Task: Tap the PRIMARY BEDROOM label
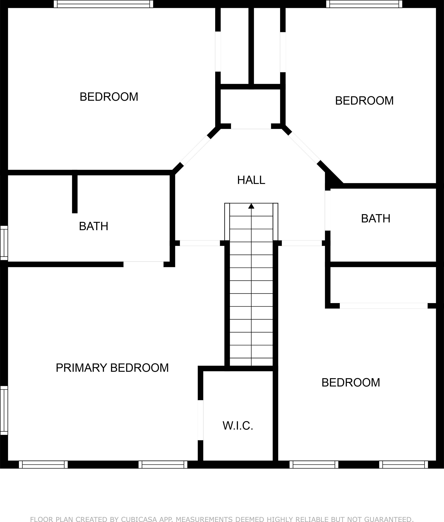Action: pos(112,368)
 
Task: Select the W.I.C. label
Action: pos(238,426)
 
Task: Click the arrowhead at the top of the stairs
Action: pos(251,206)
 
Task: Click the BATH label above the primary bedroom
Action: pos(93,226)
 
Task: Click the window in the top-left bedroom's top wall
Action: pos(103,4)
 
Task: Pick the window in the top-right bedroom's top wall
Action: pos(364,4)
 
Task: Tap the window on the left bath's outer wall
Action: pos(4,243)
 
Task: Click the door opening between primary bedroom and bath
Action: pos(143,264)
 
